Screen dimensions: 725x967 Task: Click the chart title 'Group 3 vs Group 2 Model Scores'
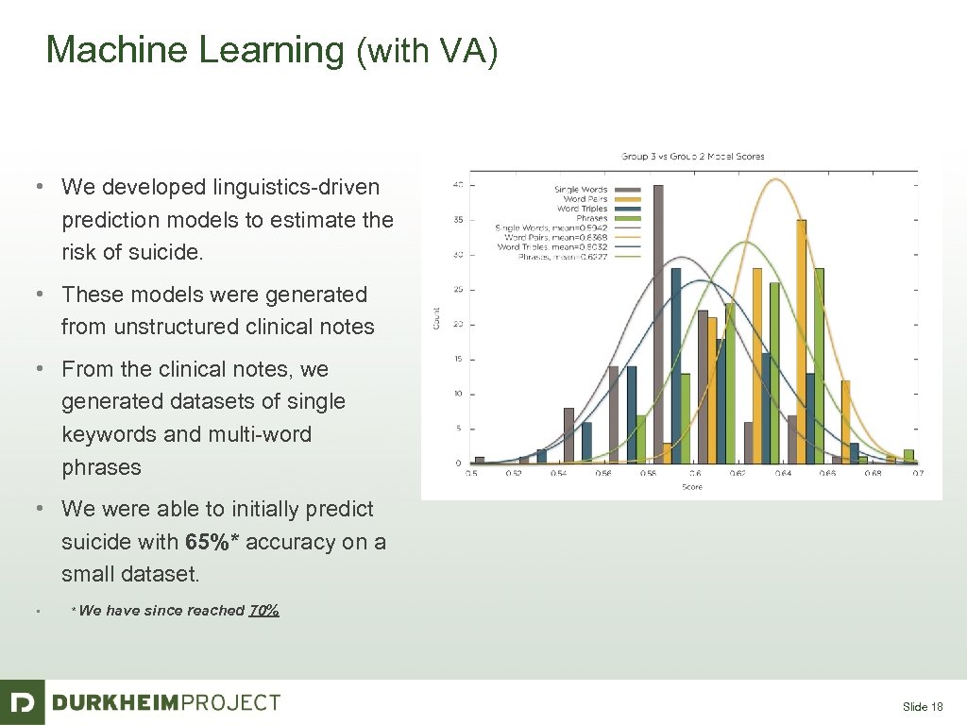coord(692,156)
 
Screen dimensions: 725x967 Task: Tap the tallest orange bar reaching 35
coord(802,341)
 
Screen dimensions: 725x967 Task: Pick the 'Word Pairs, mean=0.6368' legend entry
coord(557,237)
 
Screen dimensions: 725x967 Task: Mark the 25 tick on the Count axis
coord(459,289)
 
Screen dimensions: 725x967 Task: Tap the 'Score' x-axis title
coord(692,486)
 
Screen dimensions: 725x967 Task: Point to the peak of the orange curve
coord(775,179)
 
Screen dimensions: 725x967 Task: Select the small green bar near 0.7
coord(908,456)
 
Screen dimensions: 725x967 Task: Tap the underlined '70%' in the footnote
coord(263,611)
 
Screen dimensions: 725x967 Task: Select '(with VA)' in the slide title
coord(426,52)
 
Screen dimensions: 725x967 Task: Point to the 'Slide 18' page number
coord(923,706)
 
